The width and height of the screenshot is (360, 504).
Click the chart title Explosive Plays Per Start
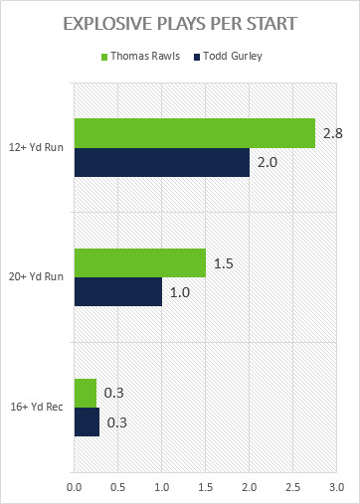180,24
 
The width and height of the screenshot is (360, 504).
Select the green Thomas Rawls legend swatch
104,57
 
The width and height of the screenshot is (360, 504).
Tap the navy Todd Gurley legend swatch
197,57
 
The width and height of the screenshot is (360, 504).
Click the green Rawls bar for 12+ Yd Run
195,133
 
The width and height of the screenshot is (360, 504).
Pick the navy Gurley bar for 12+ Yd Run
162,162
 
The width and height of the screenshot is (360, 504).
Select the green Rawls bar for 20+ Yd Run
140,262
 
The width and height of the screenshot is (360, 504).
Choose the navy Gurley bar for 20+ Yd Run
118,291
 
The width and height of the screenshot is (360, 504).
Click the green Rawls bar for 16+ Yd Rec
86,393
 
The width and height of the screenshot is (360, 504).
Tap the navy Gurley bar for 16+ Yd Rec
87,421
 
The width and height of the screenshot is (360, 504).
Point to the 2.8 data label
333,133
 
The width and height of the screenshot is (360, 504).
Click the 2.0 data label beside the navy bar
268,162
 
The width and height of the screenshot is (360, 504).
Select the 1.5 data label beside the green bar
224,263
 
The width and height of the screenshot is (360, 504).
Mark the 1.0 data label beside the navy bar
180,292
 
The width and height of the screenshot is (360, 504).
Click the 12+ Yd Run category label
36,147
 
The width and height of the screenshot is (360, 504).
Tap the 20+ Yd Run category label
36,276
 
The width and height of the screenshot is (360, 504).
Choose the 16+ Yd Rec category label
37,407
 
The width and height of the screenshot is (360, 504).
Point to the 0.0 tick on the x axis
75,487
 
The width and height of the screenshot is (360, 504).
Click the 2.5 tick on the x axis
293,487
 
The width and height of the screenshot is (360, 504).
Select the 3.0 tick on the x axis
337,487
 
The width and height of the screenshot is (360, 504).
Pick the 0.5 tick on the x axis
118,487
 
